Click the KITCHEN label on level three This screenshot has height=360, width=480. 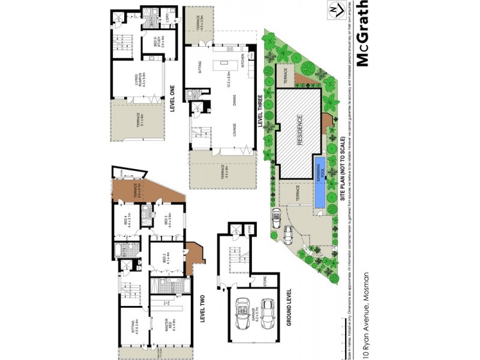(x=243, y=60)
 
